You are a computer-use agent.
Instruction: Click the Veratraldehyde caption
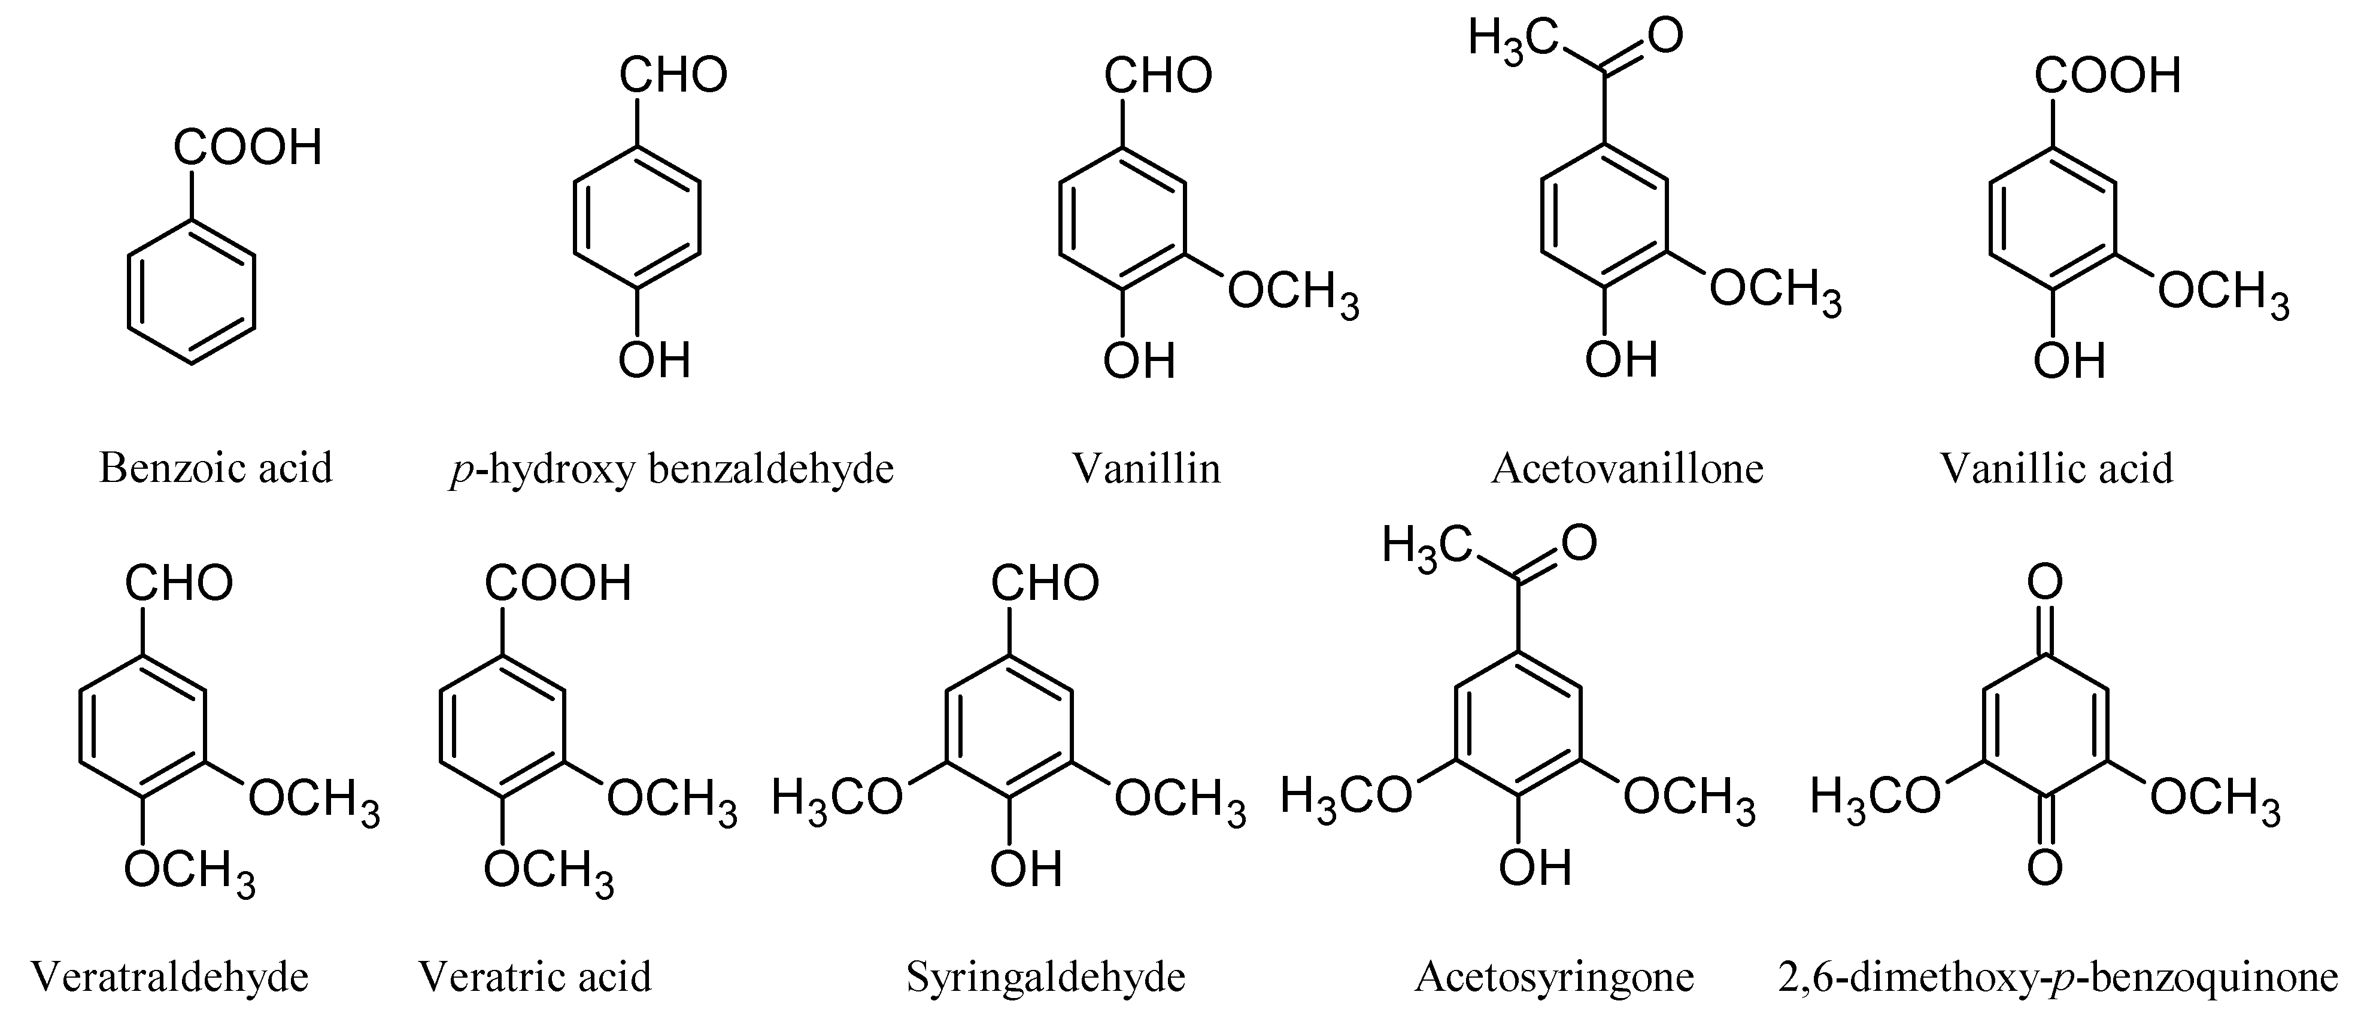point(170,976)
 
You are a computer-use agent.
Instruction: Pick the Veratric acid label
point(535,976)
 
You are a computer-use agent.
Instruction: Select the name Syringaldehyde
point(1045,976)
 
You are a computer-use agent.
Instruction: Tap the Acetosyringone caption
point(1554,976)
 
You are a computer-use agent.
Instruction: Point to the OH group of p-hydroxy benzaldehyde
point(654,360)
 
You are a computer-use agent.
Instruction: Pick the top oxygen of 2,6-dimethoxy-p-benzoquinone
point(2045,582)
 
